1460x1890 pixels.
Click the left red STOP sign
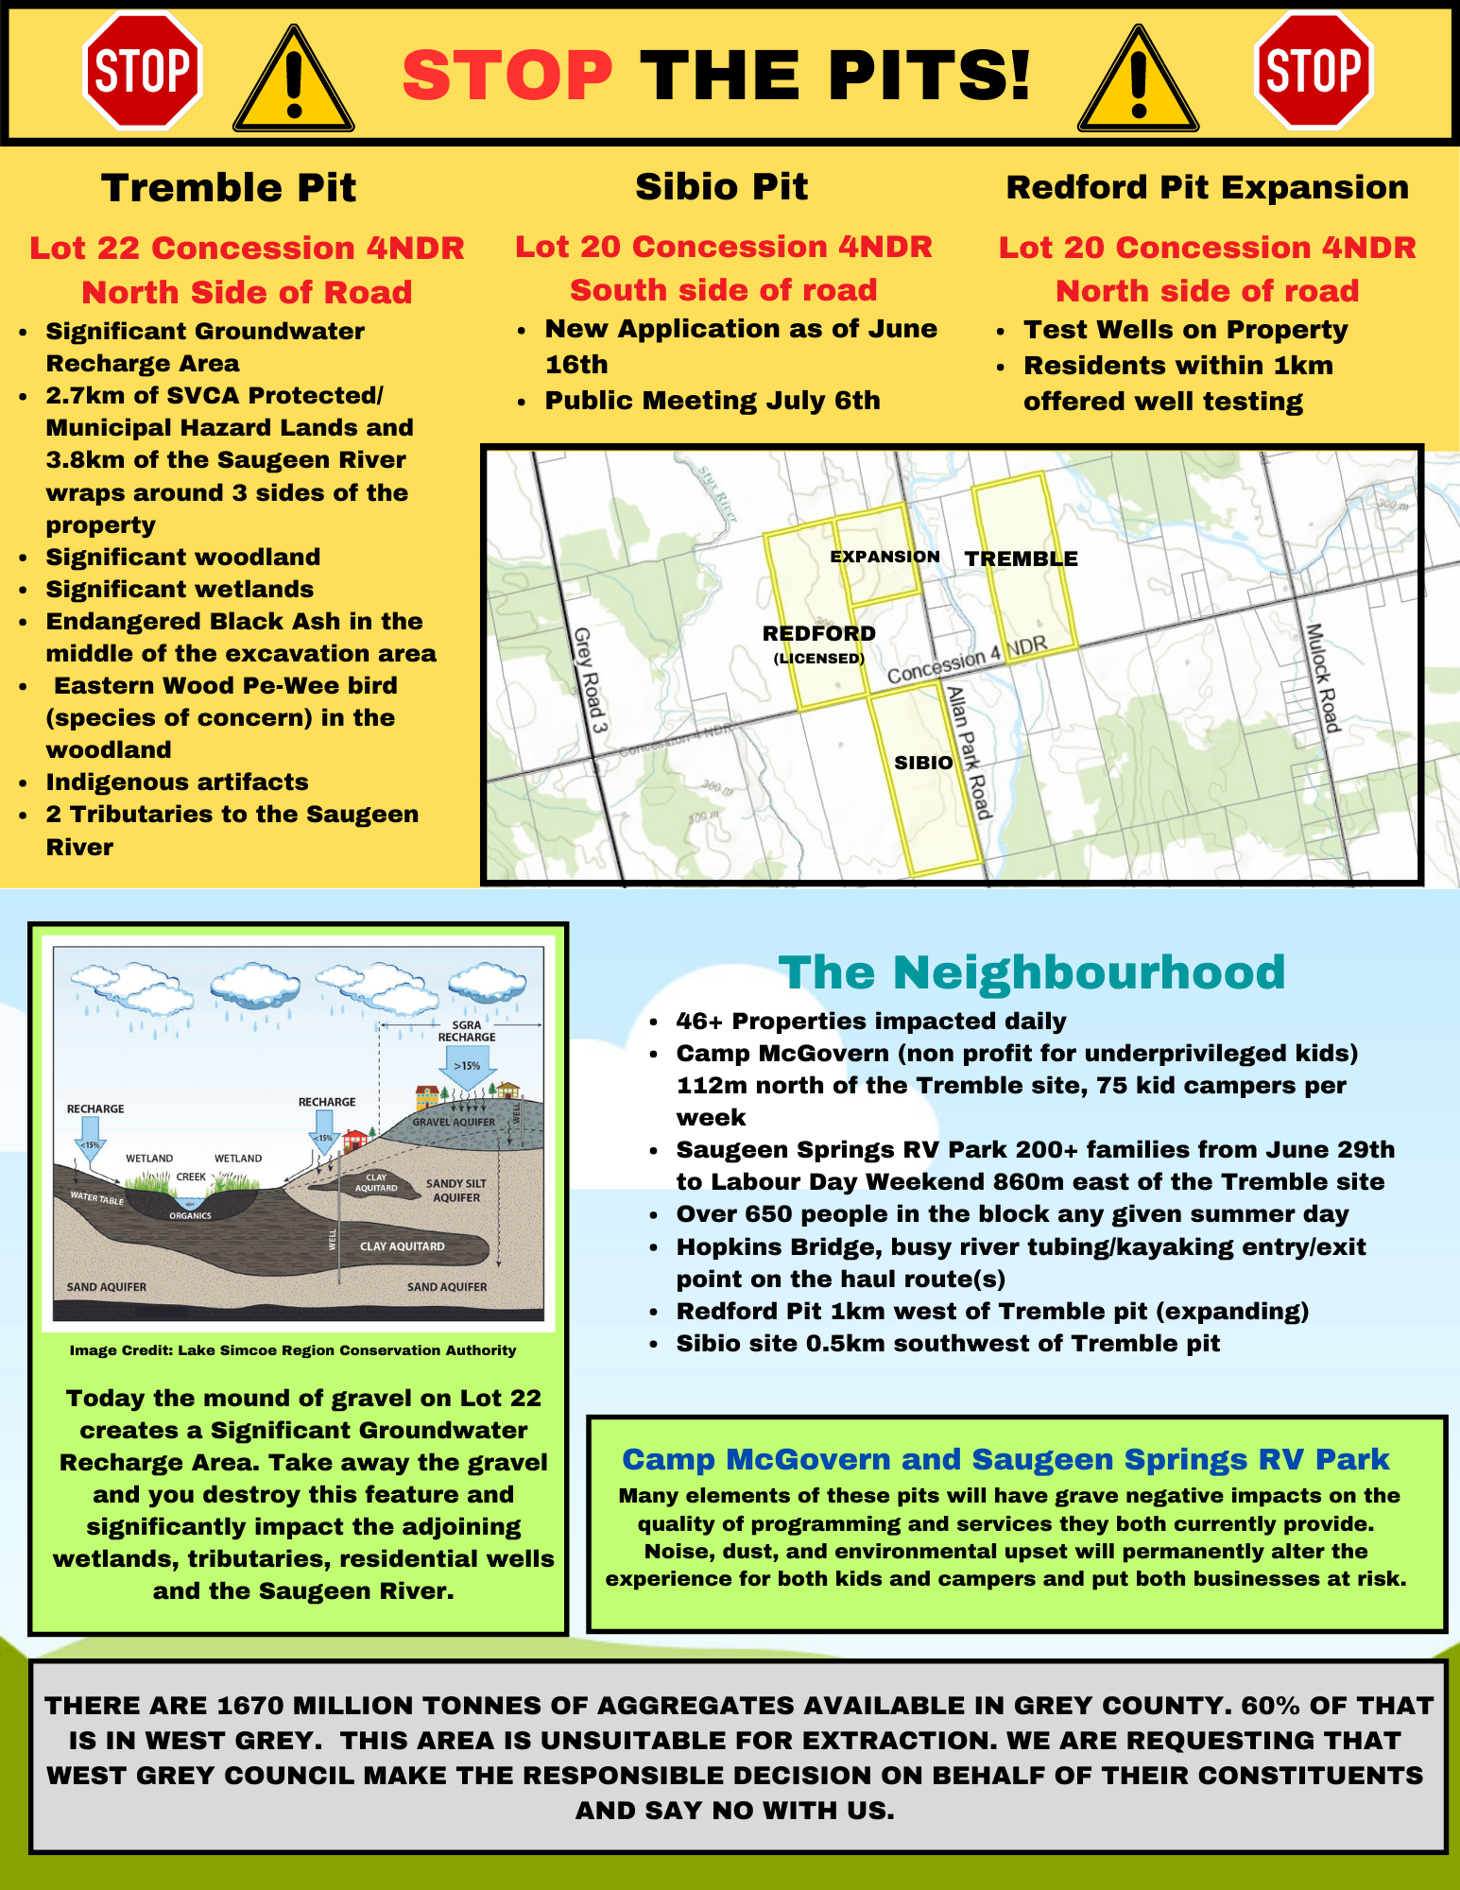pyautogui.click(x=143, y=70)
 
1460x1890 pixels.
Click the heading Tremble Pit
pyautogui.click(x=229, y=187)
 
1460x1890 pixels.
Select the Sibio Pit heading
pyautogui.click(x=721, y=186)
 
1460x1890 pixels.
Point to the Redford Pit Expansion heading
pyautogui.click(x=1207, y=187)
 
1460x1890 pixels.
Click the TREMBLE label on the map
pyautogui.click(x=1021, y=558)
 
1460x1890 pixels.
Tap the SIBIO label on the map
pyautogui.click(x=923, y=763)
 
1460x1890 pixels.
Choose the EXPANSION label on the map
pyautogui.click(x=885, y=557)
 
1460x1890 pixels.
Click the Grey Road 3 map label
pyautogui.click(x=591, y=680)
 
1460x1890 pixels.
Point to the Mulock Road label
pyautogui.click(x=1323, y=678)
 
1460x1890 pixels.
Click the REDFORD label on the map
pyautogui.click(x=818, y=633)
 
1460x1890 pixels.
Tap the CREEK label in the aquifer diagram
pyautogui.click(x=191, y=1177)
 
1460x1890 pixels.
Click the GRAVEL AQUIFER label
pyautogui.click(x=453, y=1122)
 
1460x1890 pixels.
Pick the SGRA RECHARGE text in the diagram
pyautogui.click(x=466, y=1030)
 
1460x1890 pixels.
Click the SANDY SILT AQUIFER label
pyautogui.click(x=456, y=1190)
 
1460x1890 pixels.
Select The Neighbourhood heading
pyautogui.click(x=1031, y=972)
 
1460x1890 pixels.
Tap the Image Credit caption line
pyautogui.click(x=293, y=1350)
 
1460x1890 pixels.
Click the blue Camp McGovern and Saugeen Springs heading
pyautogui.click(x=1005, y=1459)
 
